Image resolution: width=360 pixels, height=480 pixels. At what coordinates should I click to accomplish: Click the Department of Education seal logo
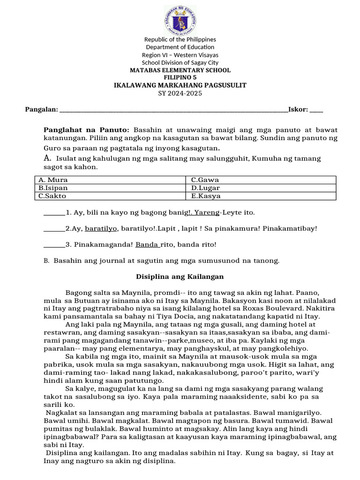pos(180,19)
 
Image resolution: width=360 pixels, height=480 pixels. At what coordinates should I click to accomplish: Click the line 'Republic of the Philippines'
pos(180,39)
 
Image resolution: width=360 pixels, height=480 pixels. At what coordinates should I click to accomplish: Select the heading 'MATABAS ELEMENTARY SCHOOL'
pos(180,70)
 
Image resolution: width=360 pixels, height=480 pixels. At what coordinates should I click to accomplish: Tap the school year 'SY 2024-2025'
pos(180,93)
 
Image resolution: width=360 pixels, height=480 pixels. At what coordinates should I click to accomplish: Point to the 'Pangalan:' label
pos(42,110)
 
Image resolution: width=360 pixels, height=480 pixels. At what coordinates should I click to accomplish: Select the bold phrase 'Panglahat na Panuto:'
pos(86,130)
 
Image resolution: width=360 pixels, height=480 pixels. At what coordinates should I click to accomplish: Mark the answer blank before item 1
pos(54,213)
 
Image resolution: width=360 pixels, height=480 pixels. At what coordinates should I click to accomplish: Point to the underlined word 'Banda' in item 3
pos(147,244)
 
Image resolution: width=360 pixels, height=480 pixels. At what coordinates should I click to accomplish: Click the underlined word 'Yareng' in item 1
pos(206,213)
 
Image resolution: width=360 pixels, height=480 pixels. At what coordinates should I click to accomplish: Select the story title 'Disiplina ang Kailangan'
pos(180,277)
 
